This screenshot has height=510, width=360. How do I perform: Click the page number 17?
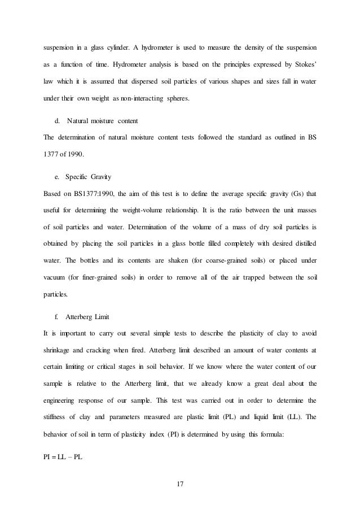click(180, 484)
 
